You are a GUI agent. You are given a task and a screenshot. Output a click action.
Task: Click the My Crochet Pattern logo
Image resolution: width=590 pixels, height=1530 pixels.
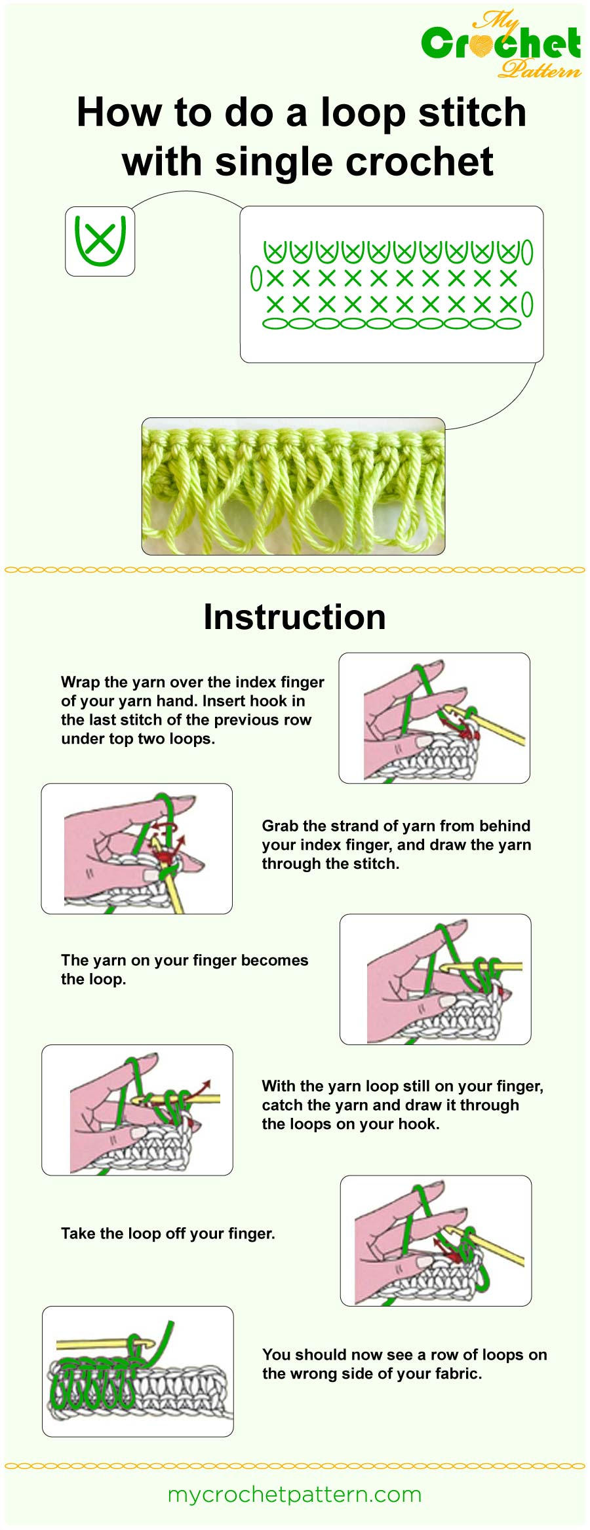pyautogui.click(x=501, y=45)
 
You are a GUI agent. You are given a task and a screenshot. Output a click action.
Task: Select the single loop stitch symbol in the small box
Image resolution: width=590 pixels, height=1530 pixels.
pyautogui.click(x=100, y=241)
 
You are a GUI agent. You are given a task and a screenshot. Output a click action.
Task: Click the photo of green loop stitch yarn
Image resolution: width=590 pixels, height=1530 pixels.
pyautogui.click(x=293, y=486)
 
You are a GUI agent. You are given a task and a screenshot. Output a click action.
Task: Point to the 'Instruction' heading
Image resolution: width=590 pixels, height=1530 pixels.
pyautogui.click(x=294, y=617)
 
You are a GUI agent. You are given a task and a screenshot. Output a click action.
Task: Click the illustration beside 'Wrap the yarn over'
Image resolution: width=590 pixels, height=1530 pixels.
pyautogui.click(x=434, y=717)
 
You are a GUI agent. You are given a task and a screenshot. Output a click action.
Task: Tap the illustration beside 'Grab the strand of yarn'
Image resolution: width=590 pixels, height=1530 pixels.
pyautogui.click(x=136, y=849)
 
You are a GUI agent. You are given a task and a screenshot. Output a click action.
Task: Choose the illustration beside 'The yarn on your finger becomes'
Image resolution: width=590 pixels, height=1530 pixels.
pyautogui.click(x=435, y=979)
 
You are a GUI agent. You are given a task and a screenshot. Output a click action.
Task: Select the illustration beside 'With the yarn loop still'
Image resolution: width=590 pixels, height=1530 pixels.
pyautogui.click(x=137, y=1110)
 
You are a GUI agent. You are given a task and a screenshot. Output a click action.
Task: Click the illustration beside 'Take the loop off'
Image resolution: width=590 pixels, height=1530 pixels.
pyautogui.click(x=435, y=1240)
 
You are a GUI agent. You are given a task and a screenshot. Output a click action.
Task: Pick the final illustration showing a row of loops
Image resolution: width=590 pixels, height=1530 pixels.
pyautogui.click(x=138, y=1371)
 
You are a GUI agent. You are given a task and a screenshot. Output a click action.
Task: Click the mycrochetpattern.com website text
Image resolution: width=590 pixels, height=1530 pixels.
pyautogui.click(x=294, y=1495)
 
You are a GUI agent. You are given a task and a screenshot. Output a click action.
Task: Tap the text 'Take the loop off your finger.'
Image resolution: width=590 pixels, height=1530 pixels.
pyautogui.click(x=168, y=1234)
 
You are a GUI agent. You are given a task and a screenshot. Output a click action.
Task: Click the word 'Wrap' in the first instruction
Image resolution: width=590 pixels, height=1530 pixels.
pyautogui.click(x=80, y=682)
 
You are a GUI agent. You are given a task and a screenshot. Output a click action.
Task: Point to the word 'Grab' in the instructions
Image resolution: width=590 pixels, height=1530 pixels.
pyautogui.click(x=280, y=826)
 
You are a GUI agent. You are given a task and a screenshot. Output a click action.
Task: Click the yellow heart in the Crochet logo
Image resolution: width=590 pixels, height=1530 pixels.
pyautogui.click(x=482, y=45)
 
